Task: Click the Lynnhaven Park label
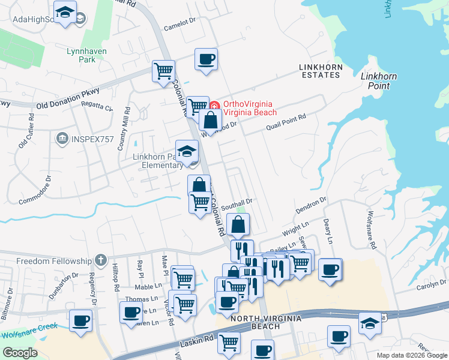86,56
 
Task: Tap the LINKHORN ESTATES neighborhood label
320,70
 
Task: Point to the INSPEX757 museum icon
62,140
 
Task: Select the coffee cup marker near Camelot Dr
206,59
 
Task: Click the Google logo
20,353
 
